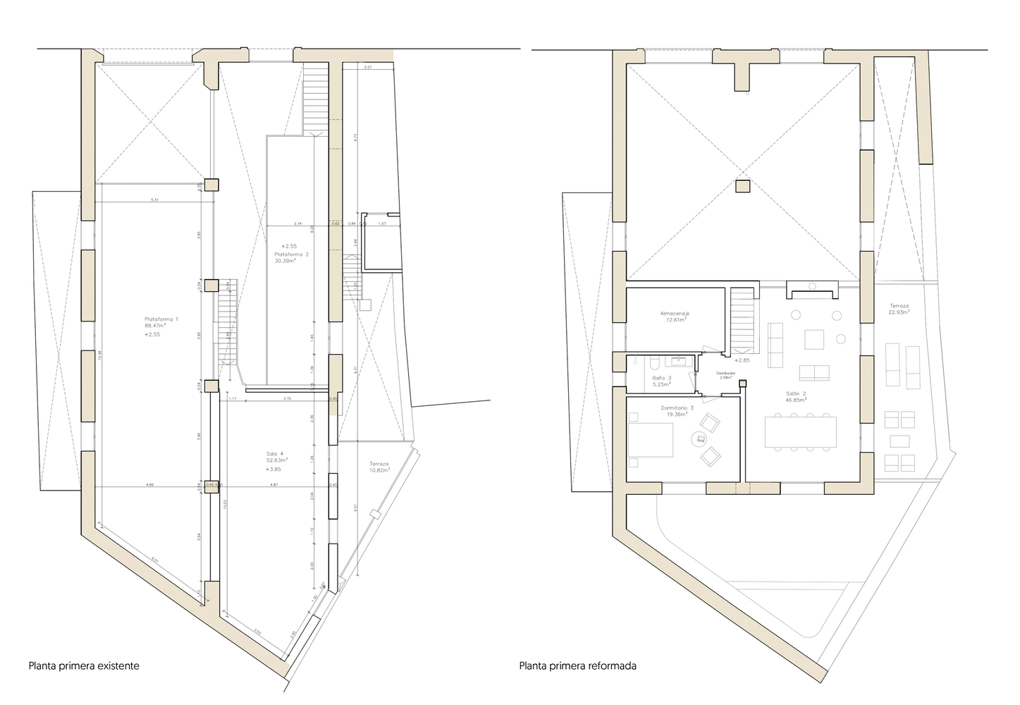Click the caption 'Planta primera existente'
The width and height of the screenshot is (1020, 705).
pos(83,665)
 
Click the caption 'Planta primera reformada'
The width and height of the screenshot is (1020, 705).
pos(577,665)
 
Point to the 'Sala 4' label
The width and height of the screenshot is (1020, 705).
pos(275,453)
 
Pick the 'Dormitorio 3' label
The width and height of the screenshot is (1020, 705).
pos(677,408)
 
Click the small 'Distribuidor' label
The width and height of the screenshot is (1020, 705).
pos(726,373)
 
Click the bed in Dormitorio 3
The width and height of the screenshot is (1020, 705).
pos(649,441)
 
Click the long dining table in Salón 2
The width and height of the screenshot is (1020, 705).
pos(801,431)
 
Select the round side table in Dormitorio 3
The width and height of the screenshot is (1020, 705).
pos(700,439)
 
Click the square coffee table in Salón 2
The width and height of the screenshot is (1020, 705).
pos(816,340)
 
